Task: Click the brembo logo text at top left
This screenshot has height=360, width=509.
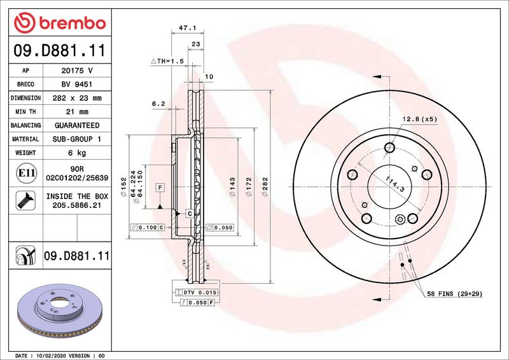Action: (73, 24)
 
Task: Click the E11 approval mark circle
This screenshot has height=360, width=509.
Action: (26, 173)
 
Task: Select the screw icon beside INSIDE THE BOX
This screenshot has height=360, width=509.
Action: (26, 200)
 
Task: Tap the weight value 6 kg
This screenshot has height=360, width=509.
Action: (77, 153)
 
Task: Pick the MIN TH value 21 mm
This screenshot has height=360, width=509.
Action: (77, 112)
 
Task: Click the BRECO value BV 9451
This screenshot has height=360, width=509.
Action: (77, 85)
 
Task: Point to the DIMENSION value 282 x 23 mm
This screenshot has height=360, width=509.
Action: (77, 98)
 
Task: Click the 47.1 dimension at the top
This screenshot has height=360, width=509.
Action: (187, 28)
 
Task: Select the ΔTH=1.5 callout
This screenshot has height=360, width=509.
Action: (167, 61)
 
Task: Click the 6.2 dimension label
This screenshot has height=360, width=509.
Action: (158, 104)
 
